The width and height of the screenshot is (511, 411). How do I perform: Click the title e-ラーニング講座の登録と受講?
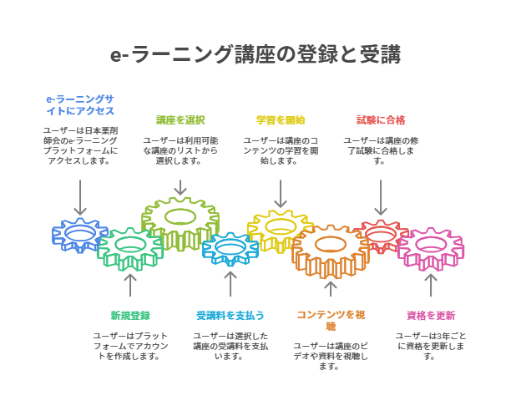pyautogui.click(x=255, y=55)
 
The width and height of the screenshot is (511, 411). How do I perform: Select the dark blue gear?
pyautogui.click(x=79, y=236)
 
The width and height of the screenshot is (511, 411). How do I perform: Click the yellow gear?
pyautogui.click(x=280, y=229)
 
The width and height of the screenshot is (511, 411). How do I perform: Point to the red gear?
pyautogui.click(x=381, y=235)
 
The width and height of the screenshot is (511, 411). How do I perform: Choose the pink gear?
pyautogui.click(x=431, y=248)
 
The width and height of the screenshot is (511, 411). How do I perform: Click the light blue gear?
pyautogui.click(x=230, y=248)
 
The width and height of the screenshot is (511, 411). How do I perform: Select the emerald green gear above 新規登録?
pyautogui.click(x=130, y=247)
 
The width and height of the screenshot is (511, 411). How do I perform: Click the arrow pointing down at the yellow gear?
pyautogui.click(x=281, y=195)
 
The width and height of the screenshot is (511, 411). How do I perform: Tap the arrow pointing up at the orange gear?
pyautogui.click(x=331, y=289)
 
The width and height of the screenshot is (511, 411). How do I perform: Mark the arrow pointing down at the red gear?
pyautogui.click(x=381, y=198)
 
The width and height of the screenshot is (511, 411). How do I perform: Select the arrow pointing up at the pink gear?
pyautogui.click(x=431, y=286)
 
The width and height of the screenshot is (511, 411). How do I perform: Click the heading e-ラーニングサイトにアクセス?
pyautogui.click(x=80, y=104)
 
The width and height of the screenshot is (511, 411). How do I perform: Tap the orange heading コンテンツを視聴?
pyautogui.click(x=331, y=320)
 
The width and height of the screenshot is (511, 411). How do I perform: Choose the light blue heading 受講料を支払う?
pyautogui.click(x=230, y=315)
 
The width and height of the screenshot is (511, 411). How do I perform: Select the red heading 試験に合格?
pyautogui.click(x=381, y=119)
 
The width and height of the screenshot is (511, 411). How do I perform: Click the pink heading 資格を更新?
pyautogui.click(x=431, y=315)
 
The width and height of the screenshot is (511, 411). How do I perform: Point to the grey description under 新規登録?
pyautogui.click(x=130, y=346)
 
